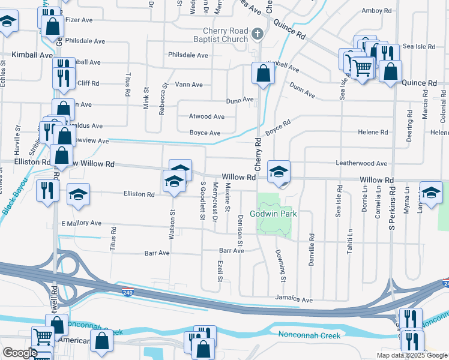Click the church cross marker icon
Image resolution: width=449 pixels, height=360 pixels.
pos(258,34)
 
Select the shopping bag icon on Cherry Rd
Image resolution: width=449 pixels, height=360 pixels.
pos(263,74)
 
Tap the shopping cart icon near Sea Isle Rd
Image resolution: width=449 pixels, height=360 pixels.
pos(362,69)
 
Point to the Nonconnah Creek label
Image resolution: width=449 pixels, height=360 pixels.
pos(309,335)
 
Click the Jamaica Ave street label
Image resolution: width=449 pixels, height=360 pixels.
pos(294,299)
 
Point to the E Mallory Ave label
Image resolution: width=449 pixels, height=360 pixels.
pos(81,223)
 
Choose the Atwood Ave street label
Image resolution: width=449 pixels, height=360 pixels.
pos(206,116)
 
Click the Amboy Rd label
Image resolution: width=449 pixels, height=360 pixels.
pos(376,11)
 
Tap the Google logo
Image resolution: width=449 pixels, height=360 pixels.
pos(20,353)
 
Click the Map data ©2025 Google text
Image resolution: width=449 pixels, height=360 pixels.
pos(411,355)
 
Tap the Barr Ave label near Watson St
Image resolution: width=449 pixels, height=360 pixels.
pos(157,253)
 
